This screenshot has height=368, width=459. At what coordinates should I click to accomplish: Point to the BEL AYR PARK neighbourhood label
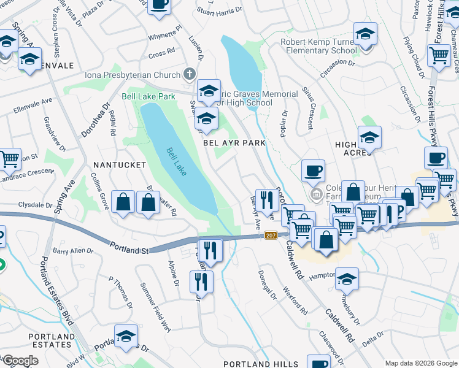point(234,142)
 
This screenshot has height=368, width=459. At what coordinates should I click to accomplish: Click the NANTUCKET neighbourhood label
point(119,165)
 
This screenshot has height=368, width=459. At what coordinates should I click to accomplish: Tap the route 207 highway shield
point(270,236)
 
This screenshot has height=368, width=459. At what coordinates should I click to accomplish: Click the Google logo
point(20,360)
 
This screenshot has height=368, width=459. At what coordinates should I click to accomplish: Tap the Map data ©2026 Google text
point(420,362)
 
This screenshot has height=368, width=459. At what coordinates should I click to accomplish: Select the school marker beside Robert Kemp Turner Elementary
point(364,35)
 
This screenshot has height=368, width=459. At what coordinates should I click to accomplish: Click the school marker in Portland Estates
point(126,337)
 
